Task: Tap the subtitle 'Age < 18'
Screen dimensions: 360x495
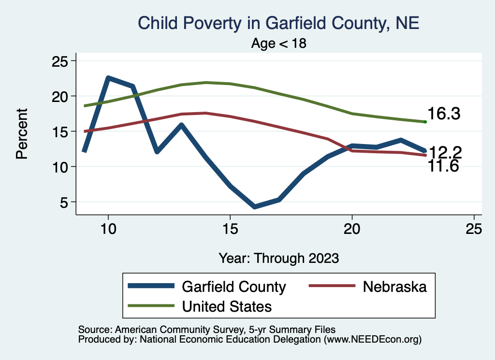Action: click(x=279, y=43)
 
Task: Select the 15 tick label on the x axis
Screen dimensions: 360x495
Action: click(x=230, y=229)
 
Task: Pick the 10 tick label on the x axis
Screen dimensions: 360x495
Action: click(x=108, y=229)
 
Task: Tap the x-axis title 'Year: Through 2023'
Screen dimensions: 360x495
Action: click(x=278, y=258)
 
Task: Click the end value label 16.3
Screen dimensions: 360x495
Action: click(x=444, y=114)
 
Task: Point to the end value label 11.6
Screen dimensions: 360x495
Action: click(x=443, y=167)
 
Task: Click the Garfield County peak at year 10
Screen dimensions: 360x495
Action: click(x=108, y=78)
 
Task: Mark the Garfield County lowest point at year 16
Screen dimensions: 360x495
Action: click(x=255, y=206)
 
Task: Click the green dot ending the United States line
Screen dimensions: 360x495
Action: click(x=425, y=122)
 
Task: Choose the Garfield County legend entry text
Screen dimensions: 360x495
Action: click(x=233, y=287)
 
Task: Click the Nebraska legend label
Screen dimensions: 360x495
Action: click(x=394, y=287)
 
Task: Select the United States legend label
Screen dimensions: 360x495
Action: click(x=227, y=306)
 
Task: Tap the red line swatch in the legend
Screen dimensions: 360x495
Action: click(x=330, y=287)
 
